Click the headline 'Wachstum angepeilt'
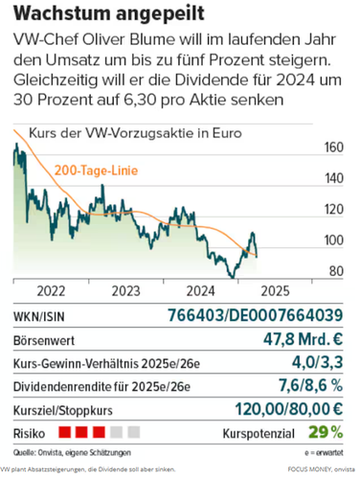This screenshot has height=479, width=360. tap(109, 13)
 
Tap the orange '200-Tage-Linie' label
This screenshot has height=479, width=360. tap(96, 171)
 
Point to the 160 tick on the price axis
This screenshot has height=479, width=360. tap(334, 148)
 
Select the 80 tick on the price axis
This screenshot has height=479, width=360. tap(336, 271)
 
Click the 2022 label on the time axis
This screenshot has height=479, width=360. tap(51, 291)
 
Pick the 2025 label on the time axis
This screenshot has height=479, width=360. tap(275, 291)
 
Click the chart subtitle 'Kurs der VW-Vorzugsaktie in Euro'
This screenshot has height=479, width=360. tap(135, 133)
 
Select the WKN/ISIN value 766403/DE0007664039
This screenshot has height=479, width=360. tap(256, 315)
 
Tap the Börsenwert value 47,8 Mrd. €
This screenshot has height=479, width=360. tap(304, 339)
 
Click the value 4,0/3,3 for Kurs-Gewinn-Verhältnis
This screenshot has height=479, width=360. tap(318, 362)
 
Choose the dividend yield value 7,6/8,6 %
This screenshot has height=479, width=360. tap(311, 385)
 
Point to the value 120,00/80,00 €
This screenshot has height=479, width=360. tap(289, 409)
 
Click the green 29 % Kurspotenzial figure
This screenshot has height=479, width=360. tap(326, 433)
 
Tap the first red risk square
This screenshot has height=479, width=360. tap(65, 432)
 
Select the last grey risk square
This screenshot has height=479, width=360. tap(134, 432)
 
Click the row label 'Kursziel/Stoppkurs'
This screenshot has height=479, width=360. tap(63, 410)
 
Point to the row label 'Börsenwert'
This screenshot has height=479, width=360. tap(44, 340)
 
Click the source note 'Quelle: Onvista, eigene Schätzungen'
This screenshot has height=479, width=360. tap(72, 452)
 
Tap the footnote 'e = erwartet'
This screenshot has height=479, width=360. tap(324, 453)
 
